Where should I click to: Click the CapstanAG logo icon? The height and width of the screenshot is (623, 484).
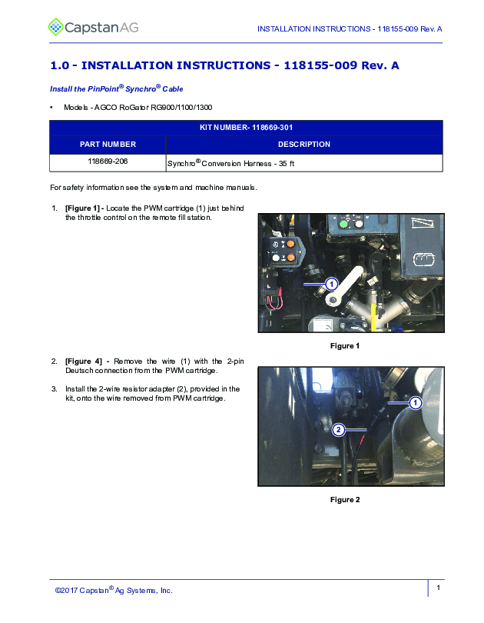coord(56,28)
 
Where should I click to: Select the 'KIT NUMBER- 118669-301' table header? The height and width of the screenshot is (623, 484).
coord(246,127)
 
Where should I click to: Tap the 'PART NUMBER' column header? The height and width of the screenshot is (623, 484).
coord(108,145)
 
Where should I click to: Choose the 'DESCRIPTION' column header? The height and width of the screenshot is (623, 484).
coord(303,145)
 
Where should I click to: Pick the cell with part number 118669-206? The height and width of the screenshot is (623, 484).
coord(108,162)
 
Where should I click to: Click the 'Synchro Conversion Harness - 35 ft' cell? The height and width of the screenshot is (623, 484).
coord(231,163)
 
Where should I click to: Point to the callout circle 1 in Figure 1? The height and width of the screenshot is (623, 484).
coord(331,285)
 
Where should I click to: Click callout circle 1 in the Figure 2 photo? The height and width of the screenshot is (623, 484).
coord(415,402)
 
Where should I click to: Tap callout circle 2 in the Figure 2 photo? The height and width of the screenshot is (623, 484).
coord(338,430)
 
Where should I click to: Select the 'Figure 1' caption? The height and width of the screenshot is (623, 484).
coord(345,346)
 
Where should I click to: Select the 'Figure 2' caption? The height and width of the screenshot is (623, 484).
coord(345,500)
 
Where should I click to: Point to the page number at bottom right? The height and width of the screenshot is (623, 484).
coord(438,588)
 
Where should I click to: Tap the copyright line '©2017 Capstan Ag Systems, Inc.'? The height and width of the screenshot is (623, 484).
coord(114,590)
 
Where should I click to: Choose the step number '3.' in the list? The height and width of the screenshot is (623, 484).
coord(55,388)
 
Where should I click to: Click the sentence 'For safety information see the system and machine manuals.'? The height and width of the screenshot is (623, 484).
coord(154,188)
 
